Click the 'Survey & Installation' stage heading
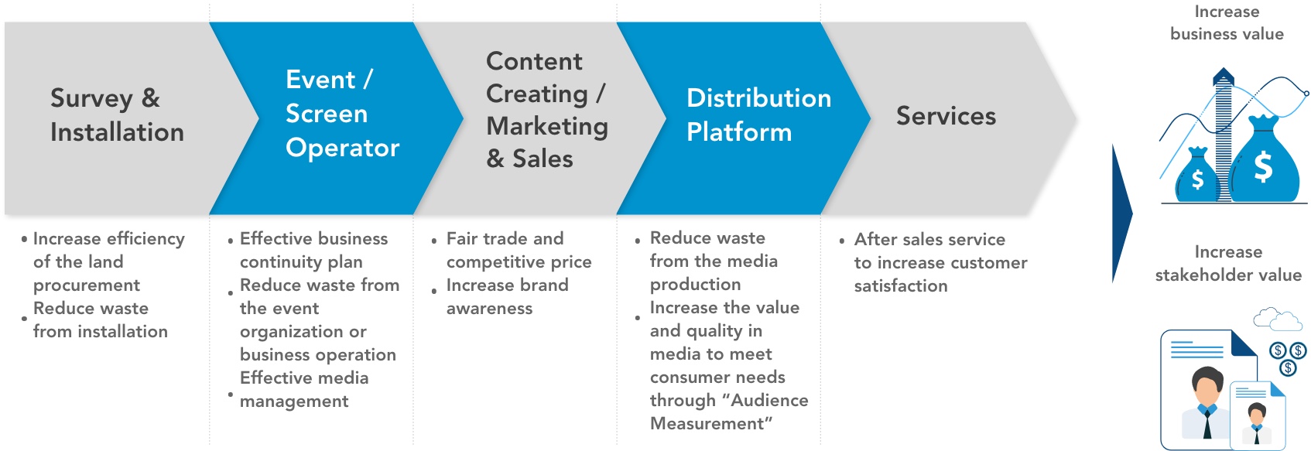point(117,114)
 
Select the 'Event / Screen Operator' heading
point(342,114)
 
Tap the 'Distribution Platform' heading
point(758,114)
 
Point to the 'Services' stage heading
point(946,116)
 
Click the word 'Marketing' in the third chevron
point(547,126)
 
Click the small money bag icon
point(1197,175)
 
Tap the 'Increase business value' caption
point(1227,22)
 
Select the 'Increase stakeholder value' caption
point(1228,263)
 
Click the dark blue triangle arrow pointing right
point(1121,214)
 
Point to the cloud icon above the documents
point(1277,319)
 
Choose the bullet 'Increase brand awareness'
point(507,296)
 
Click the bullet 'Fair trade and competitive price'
point(519,251)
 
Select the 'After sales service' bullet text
point(929,239)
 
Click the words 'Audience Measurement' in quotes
point(729,412)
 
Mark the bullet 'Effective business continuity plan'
point(313,251)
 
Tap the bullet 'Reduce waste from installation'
point(100,320)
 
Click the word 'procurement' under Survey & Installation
point(87,285)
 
